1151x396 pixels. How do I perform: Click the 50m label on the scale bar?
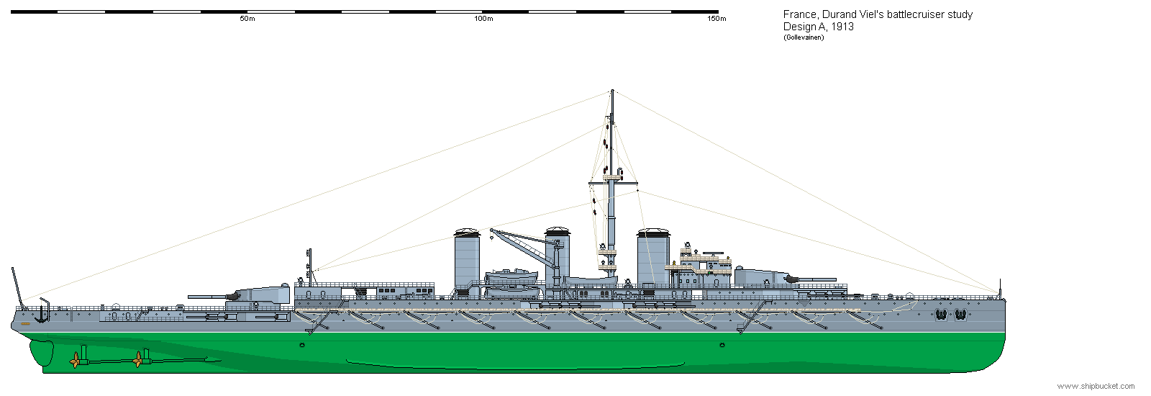click(247, 19)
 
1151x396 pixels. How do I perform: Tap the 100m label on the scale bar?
click(483, 19)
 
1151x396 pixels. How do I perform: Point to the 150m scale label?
click(716, 19)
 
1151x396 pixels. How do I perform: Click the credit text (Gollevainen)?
click(804, 37)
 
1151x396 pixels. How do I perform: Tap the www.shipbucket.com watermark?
click(1096, 386)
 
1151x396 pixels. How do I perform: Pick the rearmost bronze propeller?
click(75, 361)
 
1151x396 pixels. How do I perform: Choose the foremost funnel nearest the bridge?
click(653, 257)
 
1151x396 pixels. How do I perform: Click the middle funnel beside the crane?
click(558, 256)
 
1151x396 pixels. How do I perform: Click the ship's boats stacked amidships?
click(511, 283)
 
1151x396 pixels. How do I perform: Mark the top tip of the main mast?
click(612, 90)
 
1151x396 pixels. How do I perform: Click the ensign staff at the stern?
click(17, 286)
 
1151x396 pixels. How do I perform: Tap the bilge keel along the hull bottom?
click(515, 365)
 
